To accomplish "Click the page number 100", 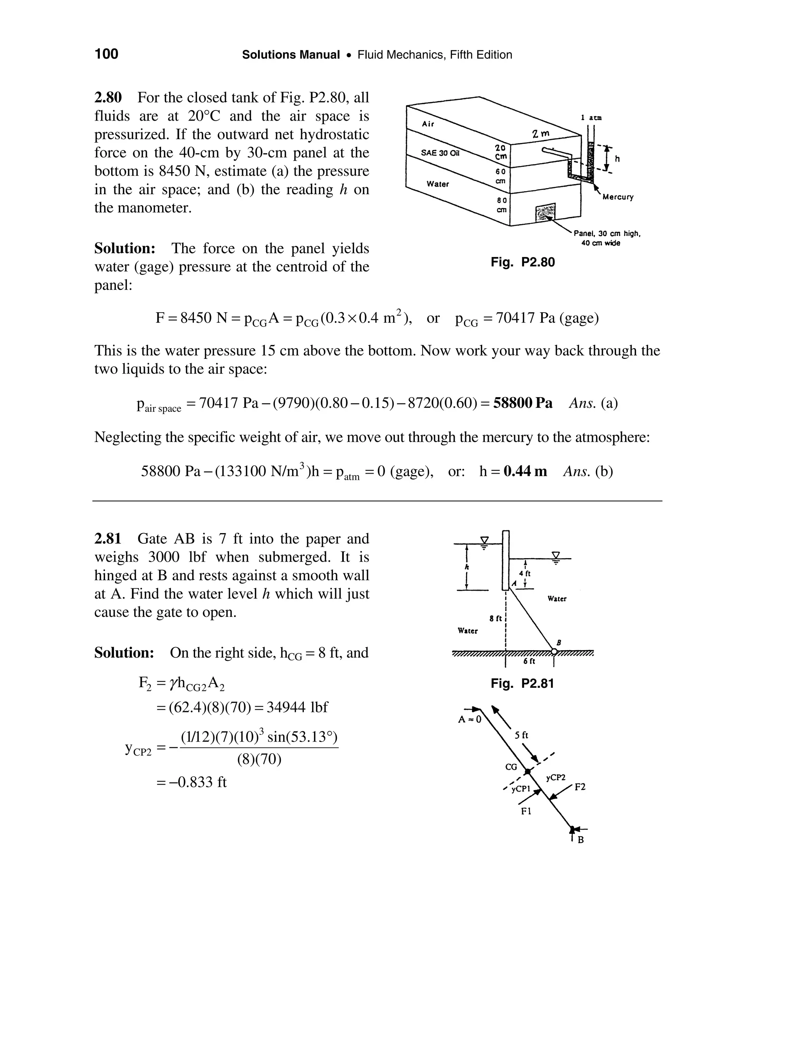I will pos(107,54).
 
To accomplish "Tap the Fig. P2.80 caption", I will pos(523,262).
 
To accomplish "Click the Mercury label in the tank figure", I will pos(618,197).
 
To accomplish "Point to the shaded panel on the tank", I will pos(545,212).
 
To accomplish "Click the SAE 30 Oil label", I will pos(441,153).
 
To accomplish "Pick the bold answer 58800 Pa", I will pos(523,403).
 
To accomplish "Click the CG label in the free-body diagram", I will pos(511,767).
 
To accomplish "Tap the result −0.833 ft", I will pos(195,782).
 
